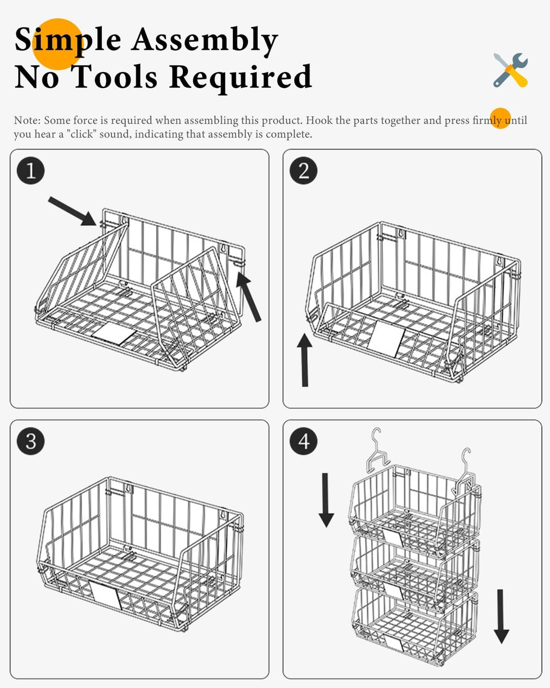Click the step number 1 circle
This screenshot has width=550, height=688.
[x=31, y=170]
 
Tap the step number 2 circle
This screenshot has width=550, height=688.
[x=304, y=170]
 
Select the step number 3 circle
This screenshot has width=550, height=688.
[x=31, y=441]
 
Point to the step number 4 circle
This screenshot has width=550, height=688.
[x=304, y=441]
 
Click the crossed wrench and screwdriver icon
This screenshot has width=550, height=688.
[x=510, y=70]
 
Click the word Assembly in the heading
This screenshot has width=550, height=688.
[x=205, y=40]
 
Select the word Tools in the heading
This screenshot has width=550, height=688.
[x=116, y=76]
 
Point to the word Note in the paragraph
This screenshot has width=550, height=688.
[x=28, y=120]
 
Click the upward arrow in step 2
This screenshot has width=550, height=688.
[x=305, y=360]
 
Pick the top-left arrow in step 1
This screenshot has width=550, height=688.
[x=72, y=211]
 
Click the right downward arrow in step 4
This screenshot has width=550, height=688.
[x=501, y=617]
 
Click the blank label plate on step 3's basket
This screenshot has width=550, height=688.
[x=105, y=595]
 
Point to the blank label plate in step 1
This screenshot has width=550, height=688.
[x=114, y=333]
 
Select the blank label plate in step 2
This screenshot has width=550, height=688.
[x=386, y=339]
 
